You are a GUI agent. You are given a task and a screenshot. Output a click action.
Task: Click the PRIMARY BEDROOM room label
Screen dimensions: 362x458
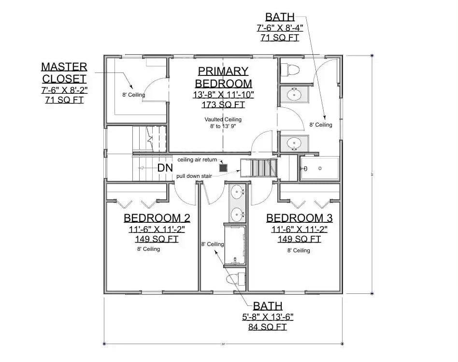click(223, 77)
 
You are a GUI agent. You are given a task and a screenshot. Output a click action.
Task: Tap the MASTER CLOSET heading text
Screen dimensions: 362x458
click(64, 72)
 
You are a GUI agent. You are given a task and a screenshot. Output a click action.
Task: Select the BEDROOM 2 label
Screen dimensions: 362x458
click(157, 217)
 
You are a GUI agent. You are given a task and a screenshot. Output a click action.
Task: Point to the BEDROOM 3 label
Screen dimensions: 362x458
click(299, 218)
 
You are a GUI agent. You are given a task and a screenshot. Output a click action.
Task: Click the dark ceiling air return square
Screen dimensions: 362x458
click(223, 168)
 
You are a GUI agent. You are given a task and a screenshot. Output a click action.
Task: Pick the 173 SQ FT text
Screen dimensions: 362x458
click(223, 104)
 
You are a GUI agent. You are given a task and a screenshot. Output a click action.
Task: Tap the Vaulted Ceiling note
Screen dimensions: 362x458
click(223, 119)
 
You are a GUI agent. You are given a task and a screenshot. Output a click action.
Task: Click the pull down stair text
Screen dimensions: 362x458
click(194, 176)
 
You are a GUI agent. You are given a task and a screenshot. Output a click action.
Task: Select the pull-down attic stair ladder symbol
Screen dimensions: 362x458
click(262, 169)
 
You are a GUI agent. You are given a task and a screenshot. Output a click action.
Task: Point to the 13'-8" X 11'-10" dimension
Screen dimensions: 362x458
click(223, 95)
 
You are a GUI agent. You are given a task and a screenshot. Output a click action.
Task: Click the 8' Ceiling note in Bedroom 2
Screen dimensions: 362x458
click(148, 249)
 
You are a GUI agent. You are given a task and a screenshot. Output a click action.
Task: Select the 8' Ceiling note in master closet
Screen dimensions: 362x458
click(133, 95)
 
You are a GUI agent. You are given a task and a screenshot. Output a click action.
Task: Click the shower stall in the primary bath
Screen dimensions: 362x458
click(320, 169)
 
